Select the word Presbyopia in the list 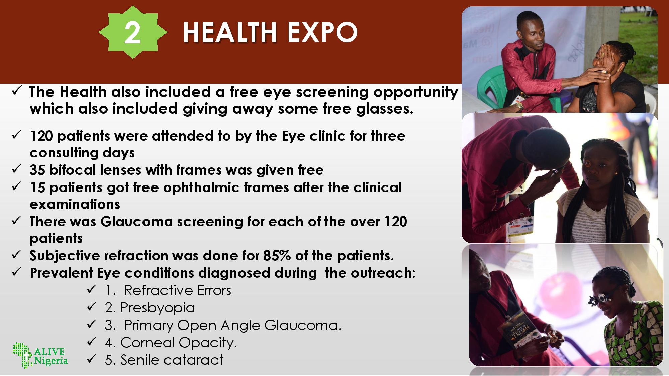pyautogui.click(x=158, y=308)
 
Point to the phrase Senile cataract pyautogui.click(x=172, y=360)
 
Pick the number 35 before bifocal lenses pyautogui.click(x=37, y=170)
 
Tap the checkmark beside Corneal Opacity pyautogui.click(x=91, y=341)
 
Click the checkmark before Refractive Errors pyautogui.click(x=91, y=289)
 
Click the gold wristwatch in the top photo pyautogui.click(x=519, y=106)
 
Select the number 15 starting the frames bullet pyautogui.click(x=37, y=187)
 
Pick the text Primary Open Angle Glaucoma pyautogui.click(x=233, y=325)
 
